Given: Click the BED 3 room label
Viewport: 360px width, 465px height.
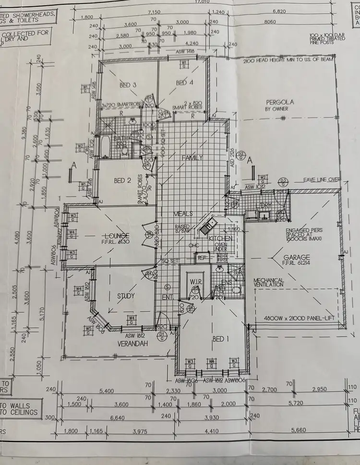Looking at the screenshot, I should pyautogui.click(x=128, y=85).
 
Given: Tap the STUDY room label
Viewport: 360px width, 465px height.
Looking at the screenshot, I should pyautogui.click(x=125, y=296).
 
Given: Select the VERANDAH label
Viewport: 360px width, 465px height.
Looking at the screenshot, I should pyautogui.click(x=132, y=344).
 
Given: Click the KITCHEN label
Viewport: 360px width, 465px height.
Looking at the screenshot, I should pyautogui.click(x=220, y=238).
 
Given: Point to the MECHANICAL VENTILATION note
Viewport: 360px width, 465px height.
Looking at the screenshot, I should pyautogui.click(x=269, y=283).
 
